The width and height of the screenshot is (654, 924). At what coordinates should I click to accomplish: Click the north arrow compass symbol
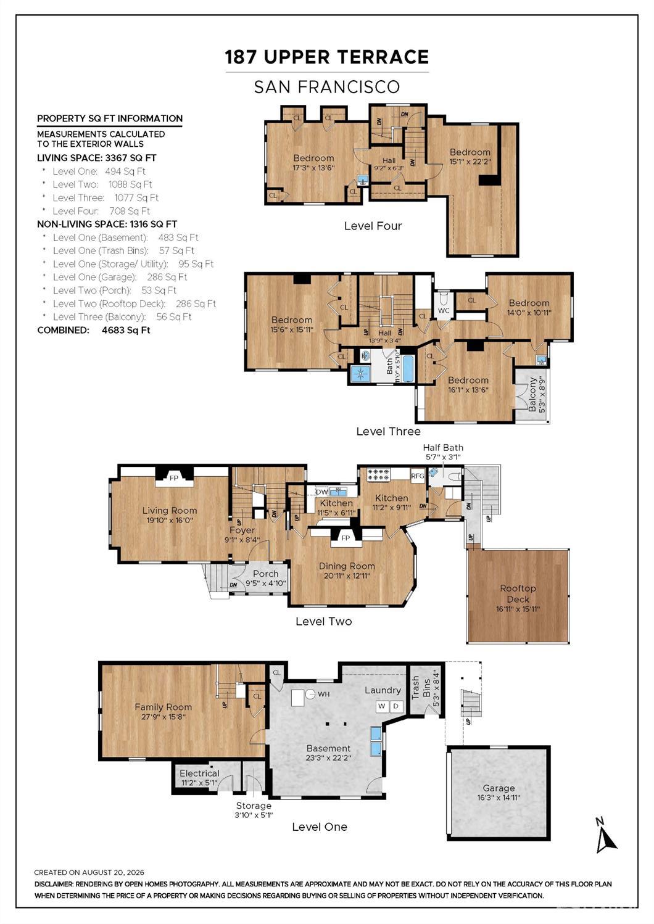click(605, 836)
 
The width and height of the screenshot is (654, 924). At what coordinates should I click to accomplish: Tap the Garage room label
click(499, 788)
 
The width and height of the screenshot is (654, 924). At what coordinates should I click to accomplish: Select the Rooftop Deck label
click(518, 593)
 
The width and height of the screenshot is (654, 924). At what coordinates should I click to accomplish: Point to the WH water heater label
click(323, 695)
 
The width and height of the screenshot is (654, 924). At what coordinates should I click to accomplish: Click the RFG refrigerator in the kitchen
click(418, 476)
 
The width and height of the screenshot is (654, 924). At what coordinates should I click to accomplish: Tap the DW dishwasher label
click(322, 492)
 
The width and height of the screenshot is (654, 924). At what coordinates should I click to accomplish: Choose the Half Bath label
click(443, 448)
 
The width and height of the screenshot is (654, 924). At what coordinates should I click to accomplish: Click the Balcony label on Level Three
click(532, 394)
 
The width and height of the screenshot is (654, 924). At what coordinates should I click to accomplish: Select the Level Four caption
click(373, 226)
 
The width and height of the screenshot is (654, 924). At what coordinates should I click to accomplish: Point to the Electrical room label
click(200, 773)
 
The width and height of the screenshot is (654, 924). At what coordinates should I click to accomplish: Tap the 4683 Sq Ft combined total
click(126, 330)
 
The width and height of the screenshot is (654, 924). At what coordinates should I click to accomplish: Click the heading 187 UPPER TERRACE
click(327, 57)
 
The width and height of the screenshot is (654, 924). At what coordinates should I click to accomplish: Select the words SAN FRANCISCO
click(327, 87)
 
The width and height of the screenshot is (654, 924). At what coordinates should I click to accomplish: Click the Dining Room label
click(347, 566)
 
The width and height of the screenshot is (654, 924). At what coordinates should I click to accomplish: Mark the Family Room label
click(163, 707)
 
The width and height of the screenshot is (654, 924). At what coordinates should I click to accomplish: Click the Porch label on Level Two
click(266, 574)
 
